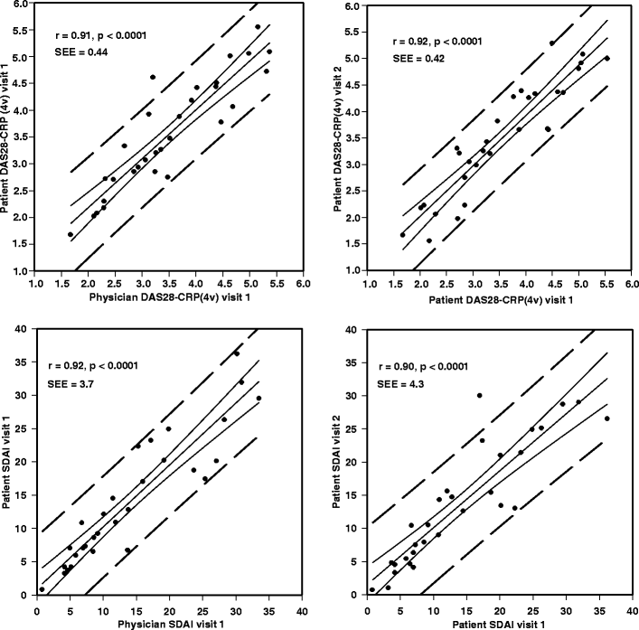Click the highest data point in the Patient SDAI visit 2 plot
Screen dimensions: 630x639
479,395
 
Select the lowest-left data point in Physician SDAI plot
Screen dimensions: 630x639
42,589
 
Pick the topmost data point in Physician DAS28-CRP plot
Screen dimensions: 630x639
258,27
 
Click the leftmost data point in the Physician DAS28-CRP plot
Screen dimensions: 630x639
70,234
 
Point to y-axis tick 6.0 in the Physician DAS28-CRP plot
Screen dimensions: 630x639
22,5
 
